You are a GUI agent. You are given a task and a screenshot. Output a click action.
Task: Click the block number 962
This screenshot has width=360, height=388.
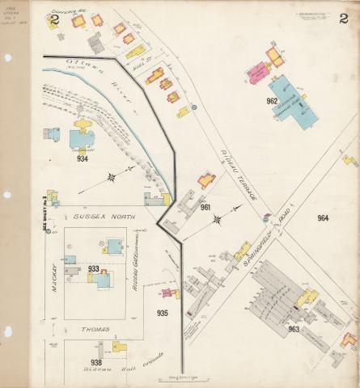click(x=272, y=101)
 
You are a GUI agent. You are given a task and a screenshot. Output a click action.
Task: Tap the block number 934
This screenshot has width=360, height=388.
click(x=83, y=158)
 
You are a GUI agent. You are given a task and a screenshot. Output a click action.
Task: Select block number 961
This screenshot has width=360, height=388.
click(x=205, y=208)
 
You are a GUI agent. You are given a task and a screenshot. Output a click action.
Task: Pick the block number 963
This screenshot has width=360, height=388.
click(x=294, y=328)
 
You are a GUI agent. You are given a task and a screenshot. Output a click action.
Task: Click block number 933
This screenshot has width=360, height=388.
click(x=94, y=268)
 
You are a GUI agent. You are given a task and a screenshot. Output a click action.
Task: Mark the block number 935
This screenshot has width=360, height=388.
click(x=163, y=312)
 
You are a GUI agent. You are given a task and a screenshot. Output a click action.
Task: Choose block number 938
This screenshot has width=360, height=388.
click(x=96, y=361)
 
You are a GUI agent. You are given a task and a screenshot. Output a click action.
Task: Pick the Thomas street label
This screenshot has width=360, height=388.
click(x=95, y=329)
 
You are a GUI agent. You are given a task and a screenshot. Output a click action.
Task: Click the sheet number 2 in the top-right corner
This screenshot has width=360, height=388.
click(x=343, y=17)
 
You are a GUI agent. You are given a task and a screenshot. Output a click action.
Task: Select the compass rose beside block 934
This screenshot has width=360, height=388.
click(x=110, y=175)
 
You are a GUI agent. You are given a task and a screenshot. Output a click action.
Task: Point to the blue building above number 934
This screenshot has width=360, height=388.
click(x=82, y=139)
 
